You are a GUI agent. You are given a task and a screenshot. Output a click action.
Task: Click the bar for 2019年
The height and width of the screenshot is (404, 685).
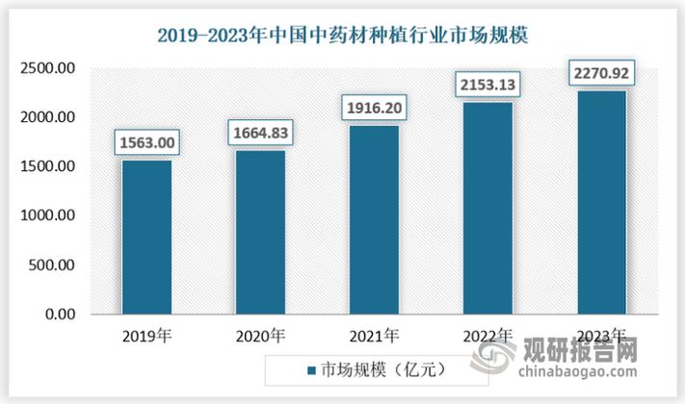pyautogui.click(x=146, y=237)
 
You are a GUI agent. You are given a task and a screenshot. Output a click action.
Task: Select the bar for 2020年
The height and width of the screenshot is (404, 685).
pyautogui.click(x=260, y=232)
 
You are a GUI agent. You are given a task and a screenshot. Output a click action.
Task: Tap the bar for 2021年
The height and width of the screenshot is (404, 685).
pyautogui.click(x=373, y=219)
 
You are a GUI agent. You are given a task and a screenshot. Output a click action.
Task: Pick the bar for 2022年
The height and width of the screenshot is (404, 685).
pyautogui.click(x=487, y=208)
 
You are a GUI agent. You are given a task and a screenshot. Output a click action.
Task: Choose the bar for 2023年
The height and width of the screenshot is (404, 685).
pyautogui.click(x=600, y=202)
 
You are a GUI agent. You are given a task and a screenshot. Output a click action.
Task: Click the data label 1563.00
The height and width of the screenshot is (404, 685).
pyautogui.click(x=146, y=142)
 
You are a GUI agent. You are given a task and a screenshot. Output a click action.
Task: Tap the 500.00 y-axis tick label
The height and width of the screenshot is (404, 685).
pyautogui.click(x=54, y=265)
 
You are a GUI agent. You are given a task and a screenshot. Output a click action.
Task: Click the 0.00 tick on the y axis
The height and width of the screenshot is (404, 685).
pyautogui.click(x=61, y=315)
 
